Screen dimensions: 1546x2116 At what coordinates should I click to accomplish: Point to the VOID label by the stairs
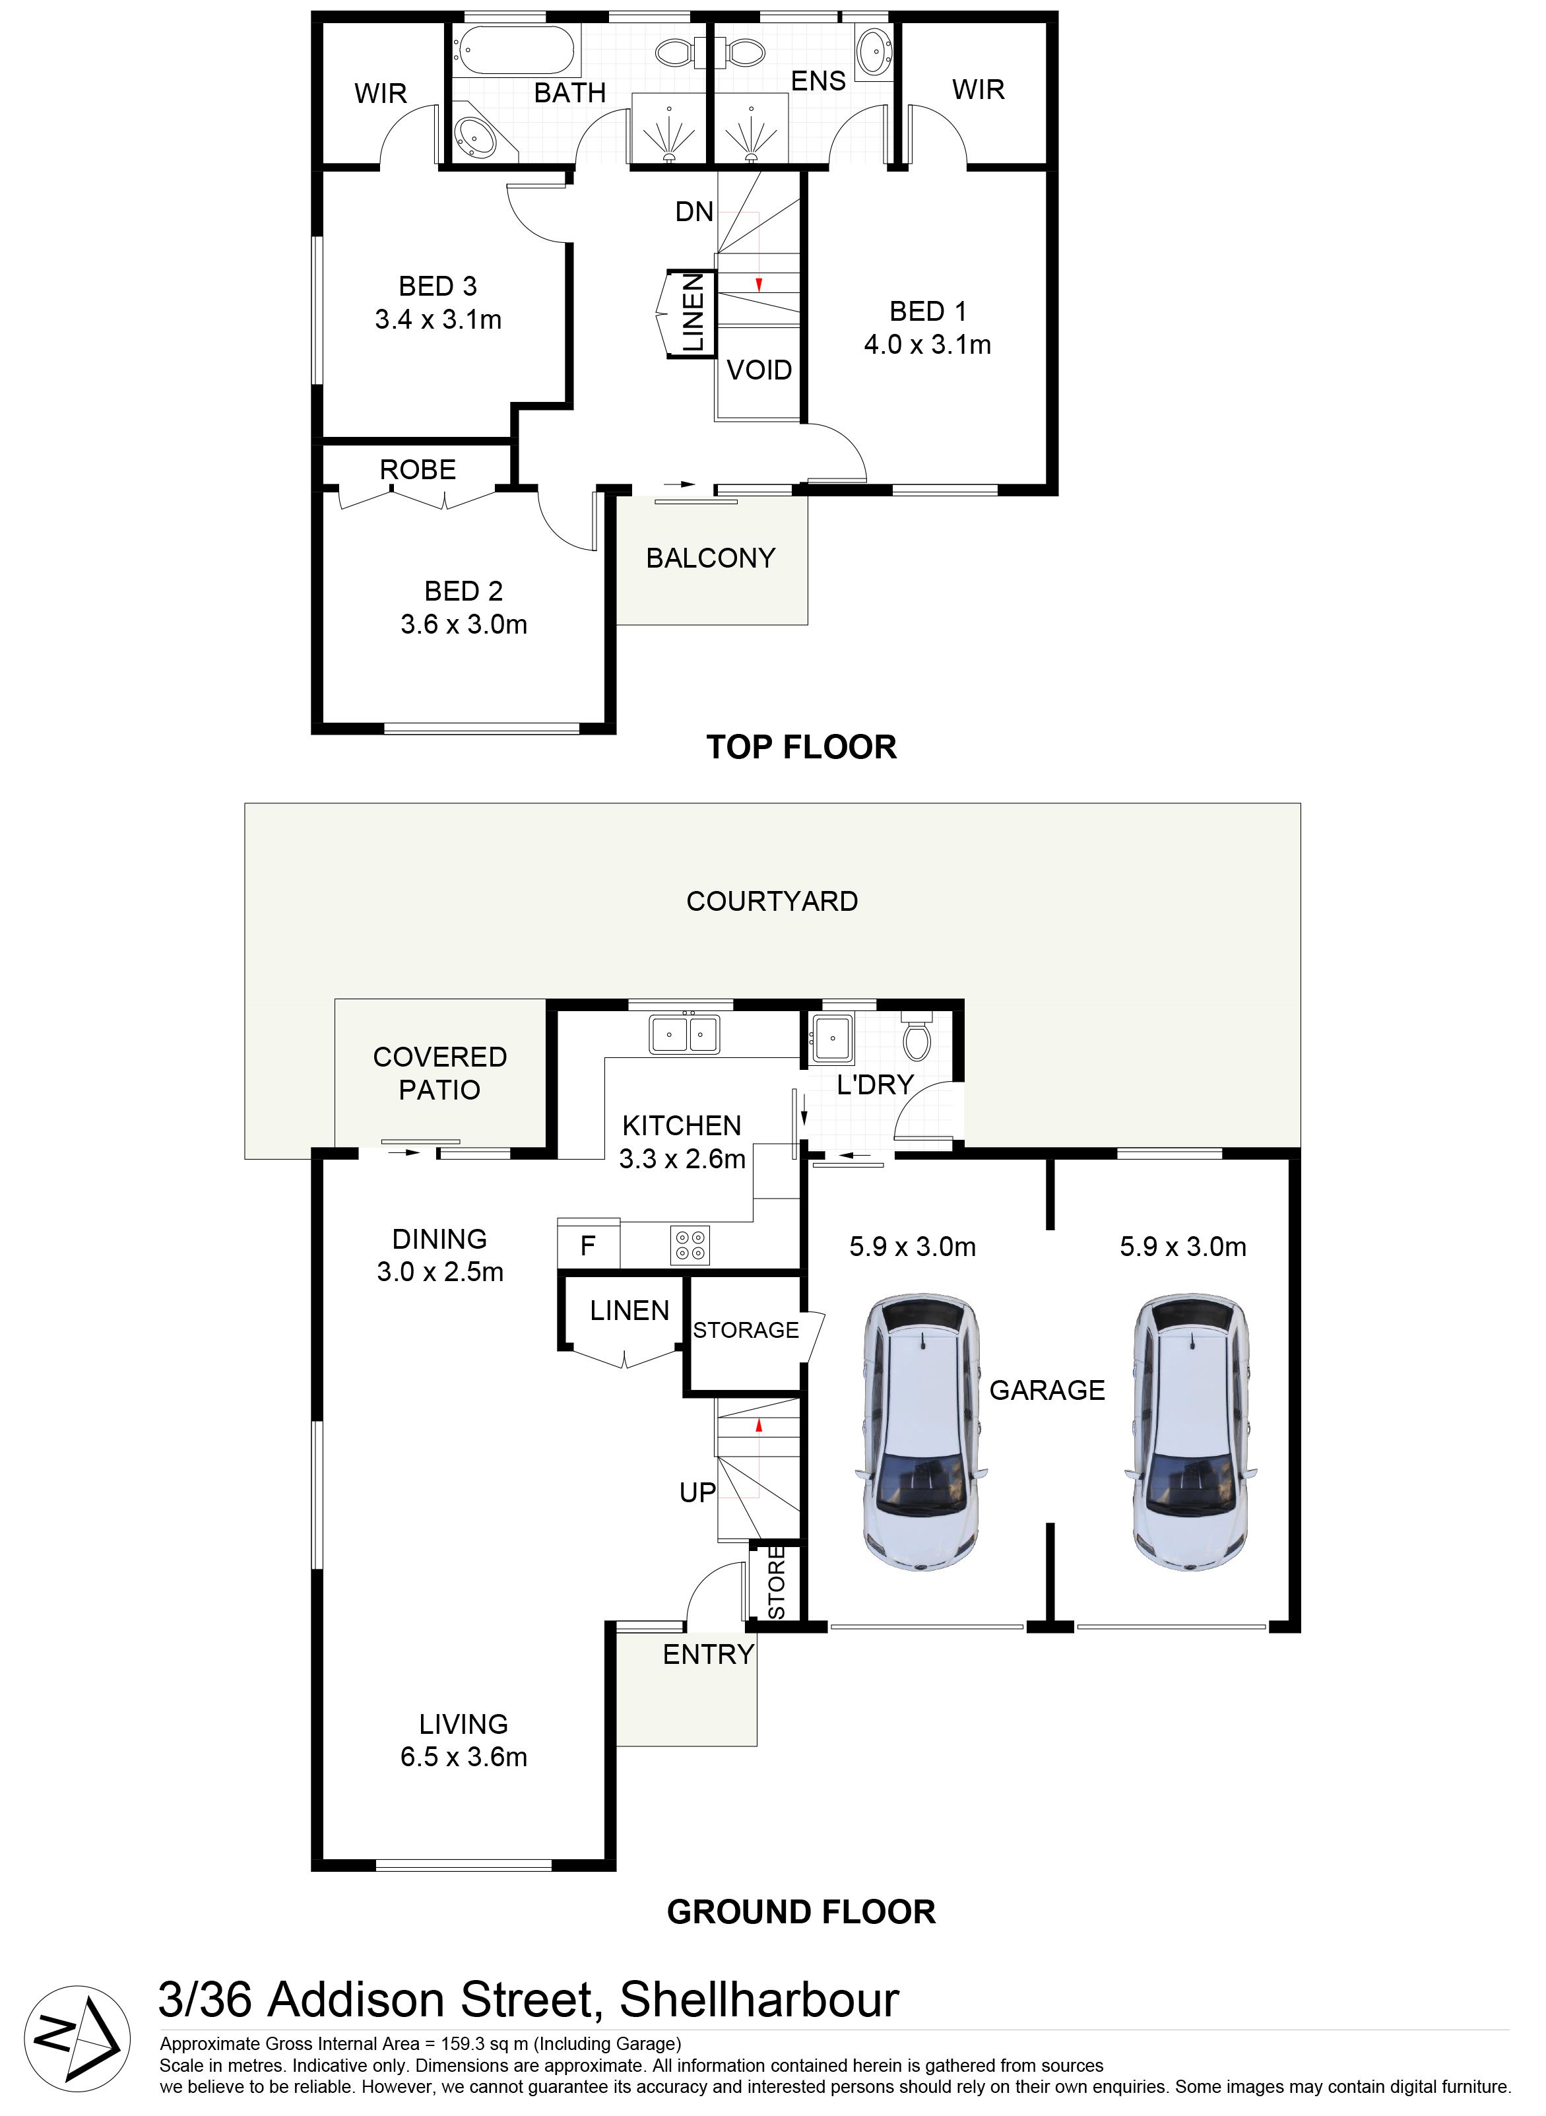(x=759, y=371)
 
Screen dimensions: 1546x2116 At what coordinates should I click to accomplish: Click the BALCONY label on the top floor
(x=710, y=559)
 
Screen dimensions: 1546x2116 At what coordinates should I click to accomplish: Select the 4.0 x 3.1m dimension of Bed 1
(x=928, y=345)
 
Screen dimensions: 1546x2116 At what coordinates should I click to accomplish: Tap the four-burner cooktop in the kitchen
(x=690, y=1245)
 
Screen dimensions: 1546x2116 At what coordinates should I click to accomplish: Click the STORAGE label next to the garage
(x=746, y=1330)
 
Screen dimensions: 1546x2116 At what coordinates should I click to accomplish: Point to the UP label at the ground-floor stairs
(x=697, y=1493)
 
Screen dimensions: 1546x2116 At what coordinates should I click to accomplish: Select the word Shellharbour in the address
(x=759, y=2000)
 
